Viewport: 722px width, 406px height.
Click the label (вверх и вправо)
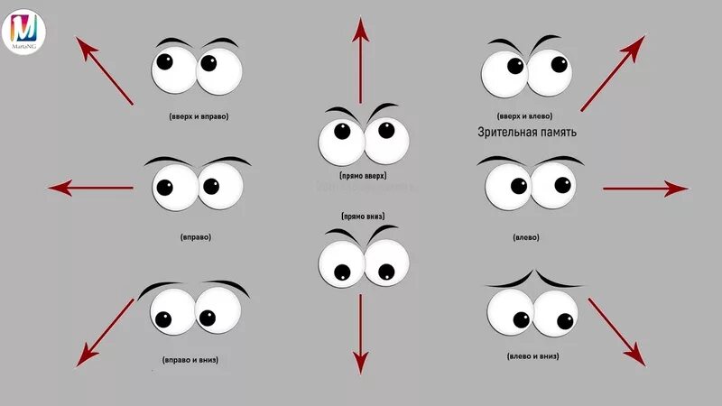tap(198, 116)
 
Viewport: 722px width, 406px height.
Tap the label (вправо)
tap(196, 237)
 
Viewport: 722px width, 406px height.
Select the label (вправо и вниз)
tap(190, 360)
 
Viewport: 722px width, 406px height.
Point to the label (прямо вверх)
tap(364, 176)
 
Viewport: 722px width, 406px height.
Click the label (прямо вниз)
tap(364, 217)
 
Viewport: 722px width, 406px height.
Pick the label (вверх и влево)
tap(525, 116)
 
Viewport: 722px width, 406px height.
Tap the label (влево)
tap(526, 237)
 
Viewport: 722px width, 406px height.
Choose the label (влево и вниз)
tap(532, 356)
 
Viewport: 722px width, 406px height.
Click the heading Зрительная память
tap(527, 133)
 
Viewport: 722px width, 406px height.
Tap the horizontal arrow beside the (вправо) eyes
tap(91, 188)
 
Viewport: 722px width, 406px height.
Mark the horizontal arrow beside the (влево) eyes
tap(644, 189)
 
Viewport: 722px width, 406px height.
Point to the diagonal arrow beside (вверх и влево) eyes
tap(613, 73)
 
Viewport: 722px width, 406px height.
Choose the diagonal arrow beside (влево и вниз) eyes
tap(617, 332)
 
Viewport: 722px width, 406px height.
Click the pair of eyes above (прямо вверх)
tap(364, 136)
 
